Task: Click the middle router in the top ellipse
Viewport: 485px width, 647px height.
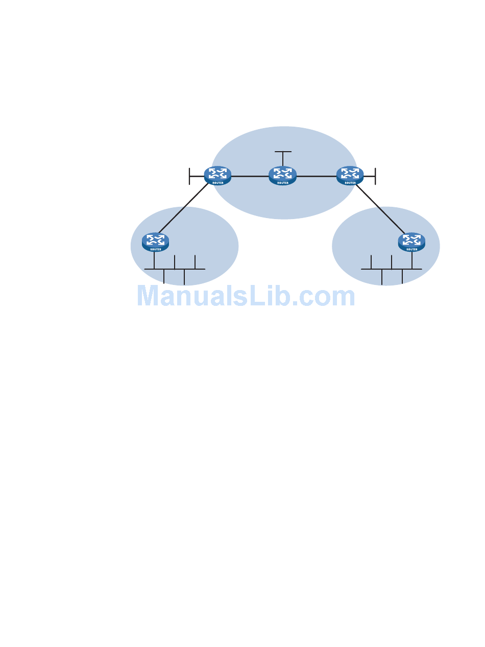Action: (x=282, y=176)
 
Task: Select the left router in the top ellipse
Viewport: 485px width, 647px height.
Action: (x=217, y=176)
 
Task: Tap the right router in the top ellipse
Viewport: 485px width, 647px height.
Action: (x=350, y=176)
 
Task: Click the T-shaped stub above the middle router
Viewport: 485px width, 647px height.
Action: (x=283, y=152)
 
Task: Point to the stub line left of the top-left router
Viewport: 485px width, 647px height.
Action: (x=196, y=176)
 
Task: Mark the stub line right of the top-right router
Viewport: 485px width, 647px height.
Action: (x=370, y=176)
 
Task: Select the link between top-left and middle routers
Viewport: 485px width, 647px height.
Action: (x=250, y=176)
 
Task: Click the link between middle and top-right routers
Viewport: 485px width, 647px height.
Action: (x=317, y=176)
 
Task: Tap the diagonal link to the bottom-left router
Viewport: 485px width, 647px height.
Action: (x=184, y=208)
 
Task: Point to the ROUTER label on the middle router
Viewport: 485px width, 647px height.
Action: (x=282, y=182)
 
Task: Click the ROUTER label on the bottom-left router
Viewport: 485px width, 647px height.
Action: (x=155, y=249)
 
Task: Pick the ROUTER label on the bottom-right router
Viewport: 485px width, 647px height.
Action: (x=411, y=249)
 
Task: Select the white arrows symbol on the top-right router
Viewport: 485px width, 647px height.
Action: (x=350, y=173)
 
